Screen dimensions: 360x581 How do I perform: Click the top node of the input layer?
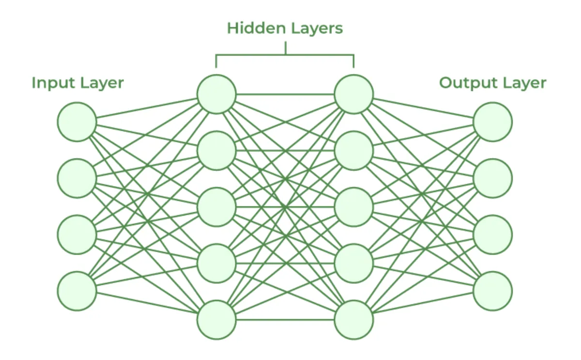pyautogui.click(x=77, y=122)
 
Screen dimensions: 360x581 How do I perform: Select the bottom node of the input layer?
pyautogui.click(x=77, y=291)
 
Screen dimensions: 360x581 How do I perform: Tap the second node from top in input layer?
pyautogui.click(x=77, y=178)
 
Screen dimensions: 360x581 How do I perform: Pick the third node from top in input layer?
pyautogui.click(x=77, y=235)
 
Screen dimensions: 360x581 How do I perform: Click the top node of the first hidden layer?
pyautogui.click(x=216, y=94)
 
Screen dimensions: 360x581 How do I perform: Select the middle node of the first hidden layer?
pyautogui.click(x=216, y=207)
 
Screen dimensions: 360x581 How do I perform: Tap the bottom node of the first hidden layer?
pyautogui.click(x=216, y=320)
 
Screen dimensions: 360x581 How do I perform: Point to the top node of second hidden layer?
pyautogui.click(x=354, y=94)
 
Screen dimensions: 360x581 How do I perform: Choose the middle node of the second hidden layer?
pyautogui.click(x=354, y=207)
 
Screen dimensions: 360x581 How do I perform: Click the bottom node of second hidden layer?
pyautogui.click(x=354, y=320)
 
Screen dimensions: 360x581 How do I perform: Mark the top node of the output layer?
pyautogui.click(x=493, y=122)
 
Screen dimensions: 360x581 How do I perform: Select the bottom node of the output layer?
pyautogui.click(x=493, y=291)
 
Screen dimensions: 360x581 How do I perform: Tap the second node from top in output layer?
pyautogui.click(x=493, y=178)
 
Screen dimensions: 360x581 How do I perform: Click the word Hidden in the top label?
pyautogui.click(x=256, y=28)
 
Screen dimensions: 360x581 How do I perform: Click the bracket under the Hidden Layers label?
pyautogui.click(x=285, y=55)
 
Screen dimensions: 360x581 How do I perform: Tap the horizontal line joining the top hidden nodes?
pyautogui.click(x=285, y=94)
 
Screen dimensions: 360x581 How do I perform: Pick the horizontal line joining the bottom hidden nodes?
pyautogui.click(x=285, y=320)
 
